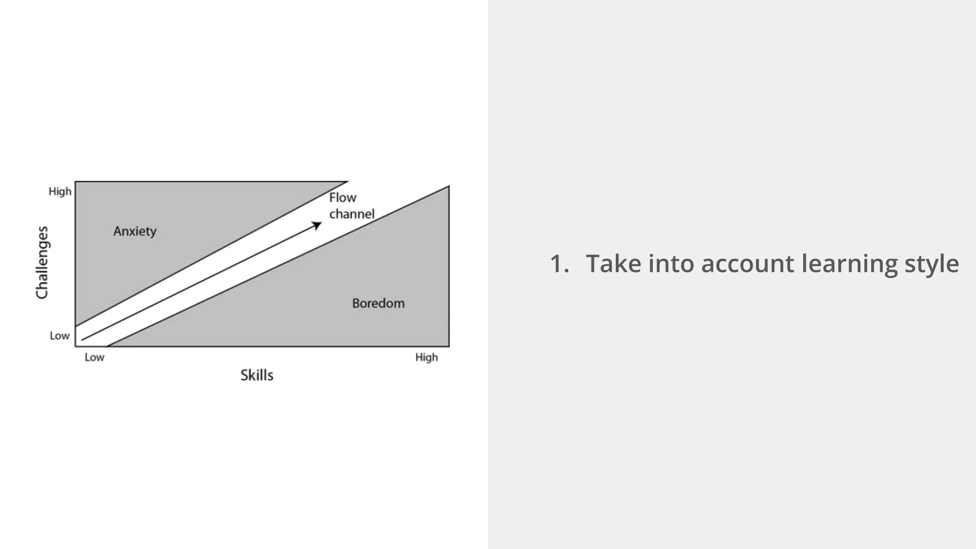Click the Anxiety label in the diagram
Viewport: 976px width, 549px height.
(135, 232)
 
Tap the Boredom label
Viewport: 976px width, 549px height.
(378, 304)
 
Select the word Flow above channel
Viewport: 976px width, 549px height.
(343, 198)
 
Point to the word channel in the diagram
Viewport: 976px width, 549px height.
(352, 214)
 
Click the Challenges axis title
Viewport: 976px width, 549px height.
(42, 263)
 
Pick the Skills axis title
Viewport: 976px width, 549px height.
(257, 376)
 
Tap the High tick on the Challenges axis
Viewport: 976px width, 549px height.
(60, 192)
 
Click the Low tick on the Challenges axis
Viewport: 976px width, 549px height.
(60, 336)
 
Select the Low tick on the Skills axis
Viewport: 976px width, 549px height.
(94, 357)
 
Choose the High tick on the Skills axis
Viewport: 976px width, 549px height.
(427, 357)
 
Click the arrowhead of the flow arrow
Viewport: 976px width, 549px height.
(317, 225)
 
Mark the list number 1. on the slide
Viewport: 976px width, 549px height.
(559, 264)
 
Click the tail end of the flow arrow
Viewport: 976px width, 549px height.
(82, 340)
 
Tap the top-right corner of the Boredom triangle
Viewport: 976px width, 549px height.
(448, 187)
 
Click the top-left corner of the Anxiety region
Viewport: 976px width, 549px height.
(76, 182)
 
